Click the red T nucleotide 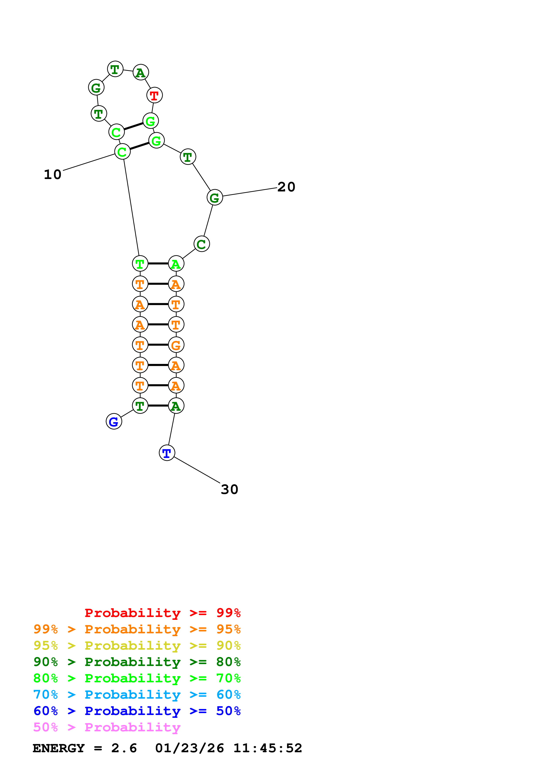tap(154, 95)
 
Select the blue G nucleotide tap(114, 422)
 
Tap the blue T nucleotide tap(167, 453)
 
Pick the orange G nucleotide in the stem tap(176, 345)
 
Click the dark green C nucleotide tap(202, 244)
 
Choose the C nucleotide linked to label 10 tap(122, 152)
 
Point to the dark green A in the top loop tap(141, 72)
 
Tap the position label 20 tap(286, 187)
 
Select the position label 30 tap(230, 490)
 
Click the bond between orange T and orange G tap(158, 345)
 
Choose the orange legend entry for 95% tap(137, 629)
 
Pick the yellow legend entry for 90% tap(137, 646)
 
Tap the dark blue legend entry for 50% tap(137, 711)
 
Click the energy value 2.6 tap(124, 748)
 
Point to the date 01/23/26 tap(189, 748)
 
